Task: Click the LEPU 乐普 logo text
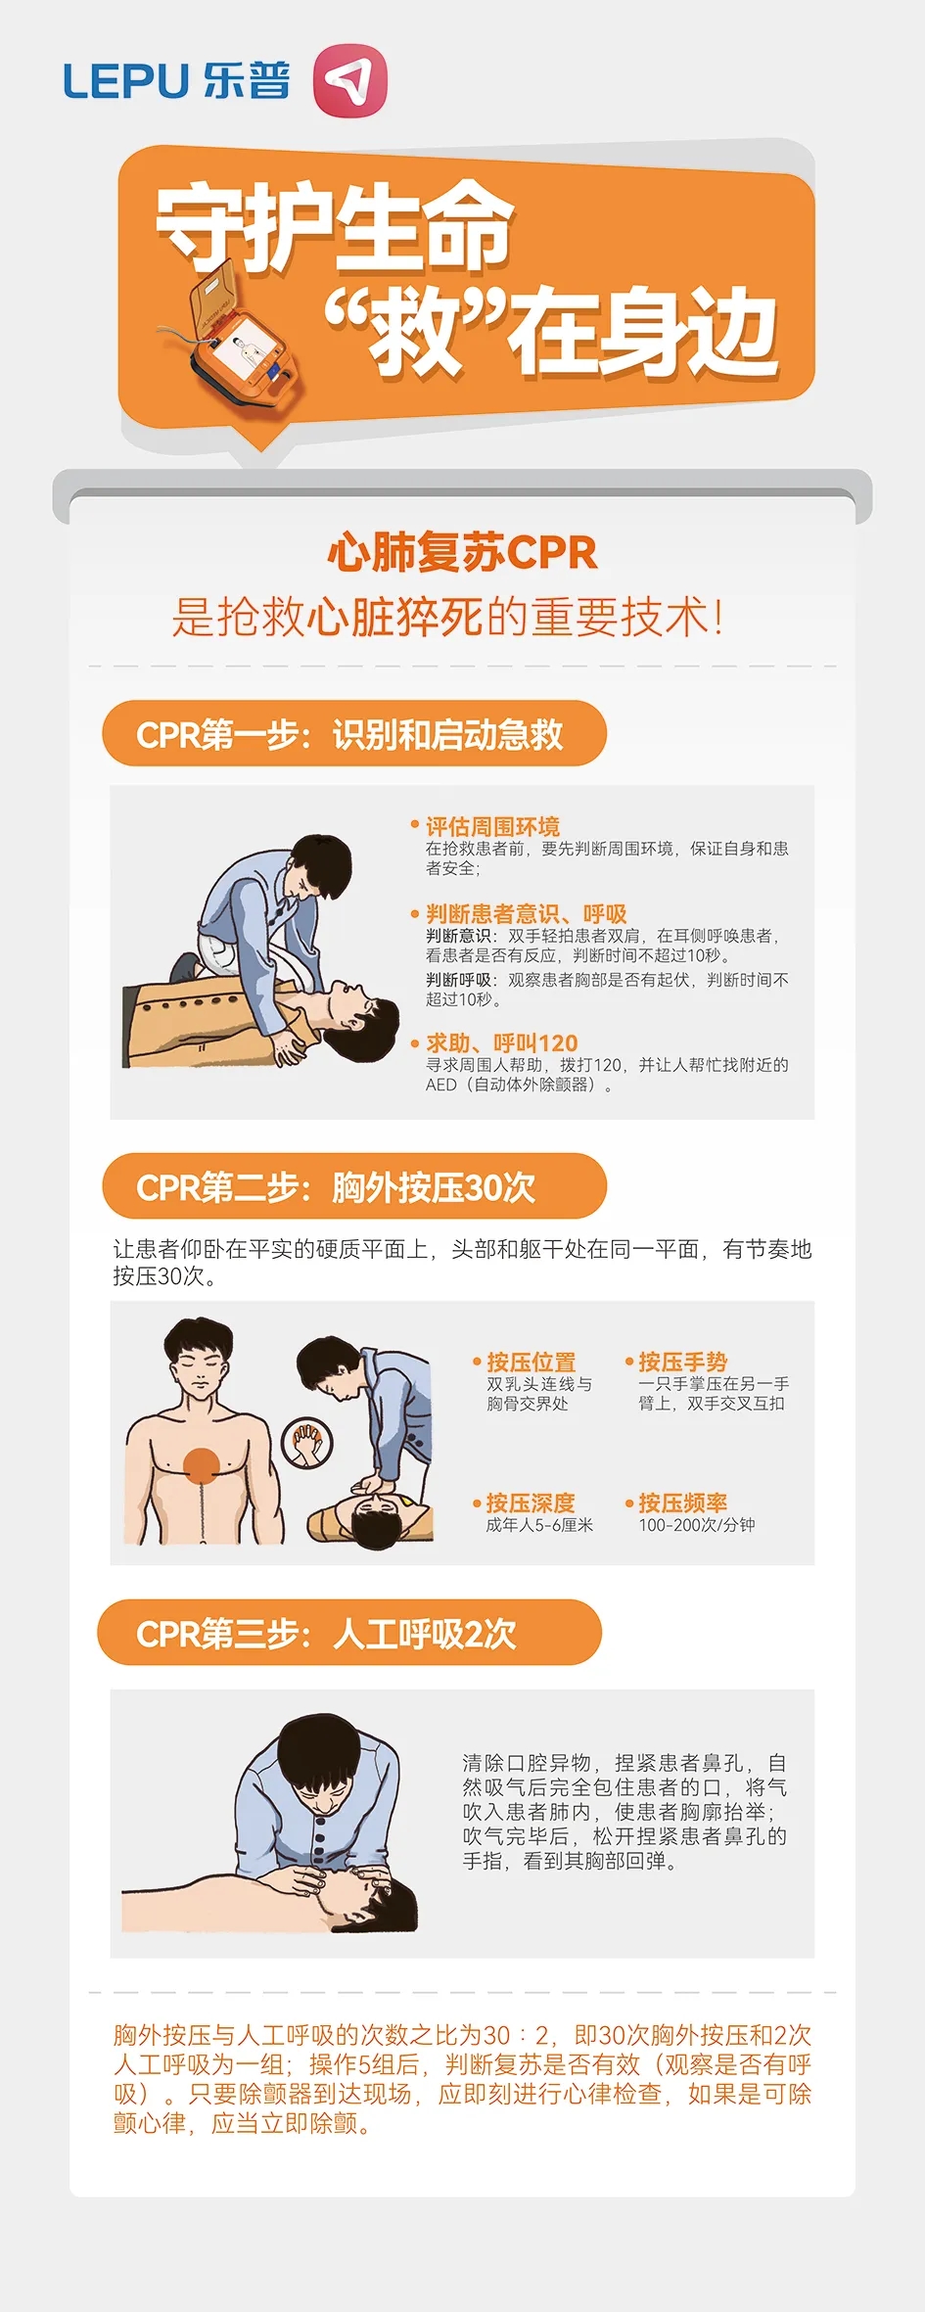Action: (x=176, y=80)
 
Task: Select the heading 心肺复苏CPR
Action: (x=462, y=553)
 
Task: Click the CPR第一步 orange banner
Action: (x=354, y=734)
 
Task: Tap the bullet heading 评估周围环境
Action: (x=492, y=826)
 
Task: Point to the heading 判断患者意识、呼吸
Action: (x=526, y=913)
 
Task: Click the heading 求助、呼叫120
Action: (x=501, y=1042)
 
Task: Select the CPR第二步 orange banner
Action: (x=354, y=1186)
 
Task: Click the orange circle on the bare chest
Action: (x=202, y=1466)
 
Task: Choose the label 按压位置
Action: (x=531, y=1362)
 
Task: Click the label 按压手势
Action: (x=682, y=1362)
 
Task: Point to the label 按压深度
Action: (x=531, y=1503)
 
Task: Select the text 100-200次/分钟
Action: (x=697, y=1525)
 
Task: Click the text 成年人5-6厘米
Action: (x=539, y=1525)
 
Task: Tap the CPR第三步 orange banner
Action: (x=349, y=1633)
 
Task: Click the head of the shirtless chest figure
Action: (x=200, y=1361)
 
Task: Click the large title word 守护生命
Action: (x=336, y=227)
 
